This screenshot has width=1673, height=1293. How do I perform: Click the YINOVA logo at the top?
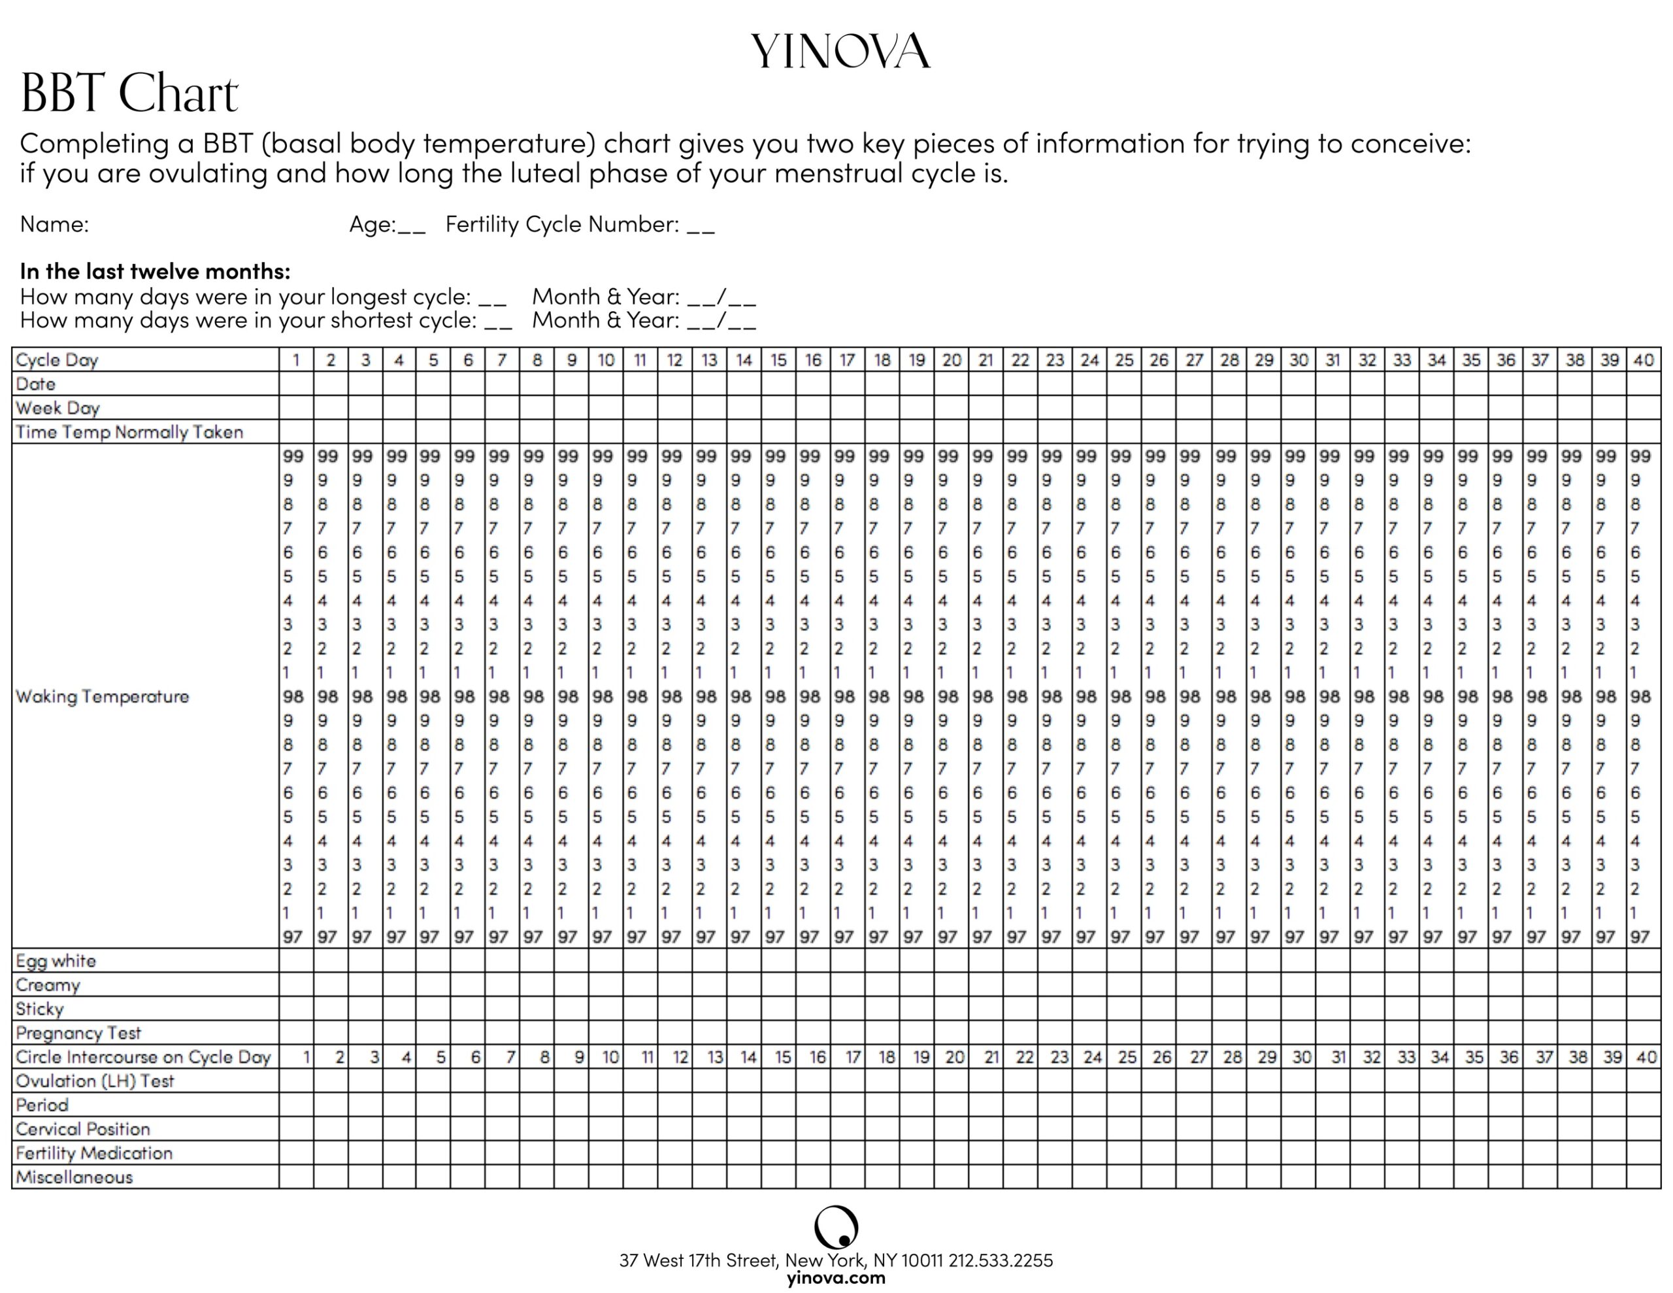point(840,52)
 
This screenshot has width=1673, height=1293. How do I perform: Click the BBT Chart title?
point(129,94)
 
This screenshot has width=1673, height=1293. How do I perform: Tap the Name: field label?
point(54,225)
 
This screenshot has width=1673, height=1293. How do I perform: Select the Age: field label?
point(373,225)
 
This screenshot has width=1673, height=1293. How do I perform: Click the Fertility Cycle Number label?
point(561,225)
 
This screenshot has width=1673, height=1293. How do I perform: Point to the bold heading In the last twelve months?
point(155,271)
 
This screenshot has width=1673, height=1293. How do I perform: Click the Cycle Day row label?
point(57,360)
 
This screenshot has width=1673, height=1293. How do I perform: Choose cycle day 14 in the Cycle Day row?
point(744,360)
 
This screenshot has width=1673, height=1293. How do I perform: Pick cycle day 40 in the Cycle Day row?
point(1643,360)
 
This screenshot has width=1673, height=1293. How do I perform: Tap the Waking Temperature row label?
point(102,697)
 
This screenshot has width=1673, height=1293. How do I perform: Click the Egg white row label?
point(56,961)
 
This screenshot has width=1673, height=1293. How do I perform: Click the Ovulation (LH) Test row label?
point(95,1081)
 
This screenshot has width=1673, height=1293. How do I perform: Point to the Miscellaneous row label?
point(75,1177)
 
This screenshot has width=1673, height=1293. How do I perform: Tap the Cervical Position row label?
point(83,1129)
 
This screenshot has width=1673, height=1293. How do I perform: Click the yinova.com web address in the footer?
point(836,1278)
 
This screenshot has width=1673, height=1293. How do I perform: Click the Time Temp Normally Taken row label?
point(129,432)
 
